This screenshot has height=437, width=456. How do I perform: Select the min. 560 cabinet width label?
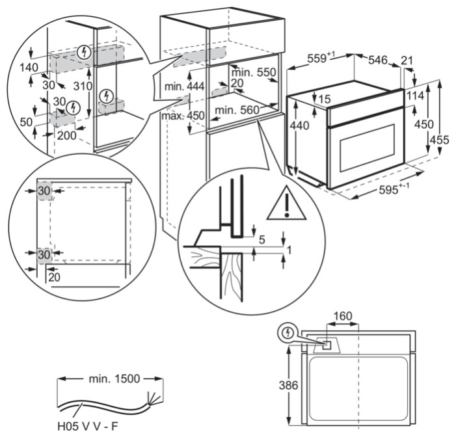coord(237,110)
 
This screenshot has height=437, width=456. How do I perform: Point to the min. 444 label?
coord(185,86)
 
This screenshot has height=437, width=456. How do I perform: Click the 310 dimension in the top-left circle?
coord(81,85)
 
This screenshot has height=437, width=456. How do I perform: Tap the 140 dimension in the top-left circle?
coord(28,66)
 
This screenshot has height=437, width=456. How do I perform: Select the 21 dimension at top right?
coord(407,60)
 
